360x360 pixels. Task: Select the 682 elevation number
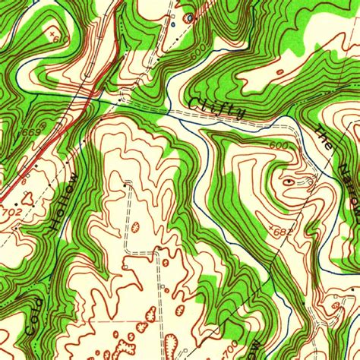[x=282, y=229]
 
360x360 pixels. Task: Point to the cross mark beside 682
[x=270, y=226]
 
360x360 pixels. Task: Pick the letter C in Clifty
[x=195, y=99]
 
